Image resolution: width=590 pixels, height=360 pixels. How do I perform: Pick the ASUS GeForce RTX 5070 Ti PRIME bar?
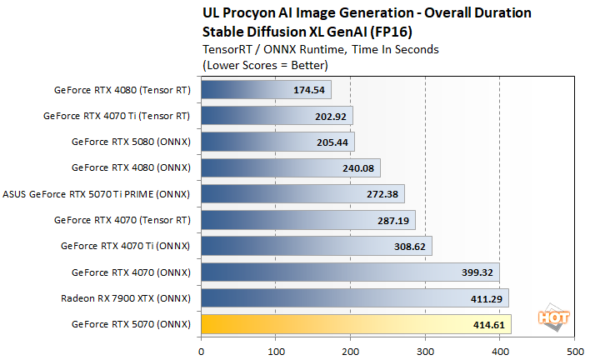point(302,194)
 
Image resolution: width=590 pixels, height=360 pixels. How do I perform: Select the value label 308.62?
point(410,247)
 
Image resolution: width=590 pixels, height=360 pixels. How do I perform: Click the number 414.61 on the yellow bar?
point(489,324)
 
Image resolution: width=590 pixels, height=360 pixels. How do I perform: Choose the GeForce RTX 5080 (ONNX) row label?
point(131,142)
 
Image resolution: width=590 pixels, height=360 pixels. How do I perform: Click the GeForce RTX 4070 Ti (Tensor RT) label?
point(117,116)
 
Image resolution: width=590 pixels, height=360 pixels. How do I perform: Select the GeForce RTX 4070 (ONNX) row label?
point(131,272)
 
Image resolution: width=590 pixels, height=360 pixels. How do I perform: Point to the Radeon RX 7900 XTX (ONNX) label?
point(125,298)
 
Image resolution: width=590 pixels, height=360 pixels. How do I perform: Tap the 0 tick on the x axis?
point(201,351)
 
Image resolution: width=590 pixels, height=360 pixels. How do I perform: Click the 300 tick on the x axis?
point(425,351)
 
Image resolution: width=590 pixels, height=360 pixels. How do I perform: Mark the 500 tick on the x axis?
point(574,351)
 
